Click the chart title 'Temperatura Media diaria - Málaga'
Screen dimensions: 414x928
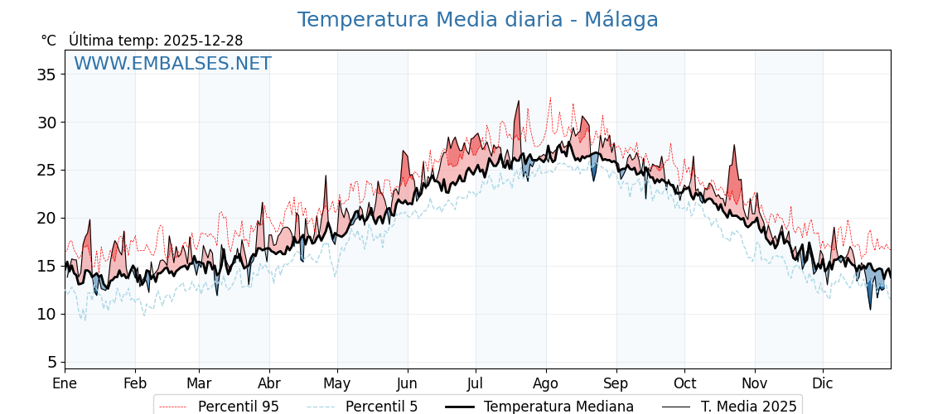coord(477,20)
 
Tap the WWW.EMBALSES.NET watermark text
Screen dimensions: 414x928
coord(172,64)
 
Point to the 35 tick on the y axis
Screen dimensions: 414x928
coord(46,75)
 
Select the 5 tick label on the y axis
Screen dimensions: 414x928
coord(51,362)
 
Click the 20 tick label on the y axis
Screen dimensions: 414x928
coord(46,218)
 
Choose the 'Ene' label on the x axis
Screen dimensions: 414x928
coord(65,383)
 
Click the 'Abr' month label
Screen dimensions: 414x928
coord(269,383)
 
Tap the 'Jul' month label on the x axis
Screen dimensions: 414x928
coord(476,383)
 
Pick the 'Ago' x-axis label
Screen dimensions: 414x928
coord(546,383)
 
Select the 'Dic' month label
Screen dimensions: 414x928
coord(823,383)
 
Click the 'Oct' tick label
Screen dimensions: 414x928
coord(684,383)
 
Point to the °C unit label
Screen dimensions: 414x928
coord(48,41)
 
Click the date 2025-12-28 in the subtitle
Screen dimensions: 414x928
coord(203,41)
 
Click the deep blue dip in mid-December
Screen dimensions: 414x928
coord(870,306)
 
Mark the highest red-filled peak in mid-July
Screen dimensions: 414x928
coord(519,103)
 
